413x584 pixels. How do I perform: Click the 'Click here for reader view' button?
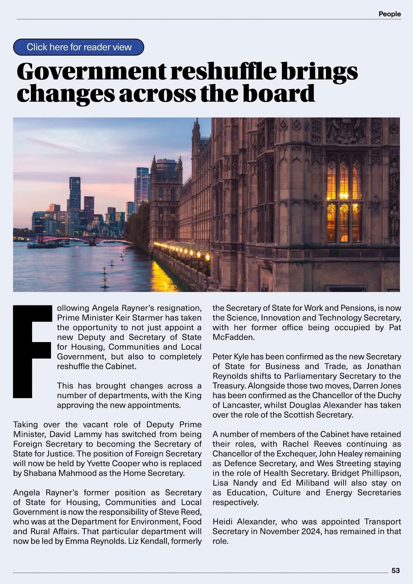(79, 47)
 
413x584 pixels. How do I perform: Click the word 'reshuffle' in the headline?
(223, 71)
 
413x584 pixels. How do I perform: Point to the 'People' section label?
(390, 14)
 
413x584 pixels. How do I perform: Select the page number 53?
(395, 571)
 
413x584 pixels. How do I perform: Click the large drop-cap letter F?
(32, 351)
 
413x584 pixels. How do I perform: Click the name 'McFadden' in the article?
(234, 337)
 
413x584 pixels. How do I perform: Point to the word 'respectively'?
(235, 502)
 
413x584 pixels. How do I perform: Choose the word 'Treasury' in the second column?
(229, 386)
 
